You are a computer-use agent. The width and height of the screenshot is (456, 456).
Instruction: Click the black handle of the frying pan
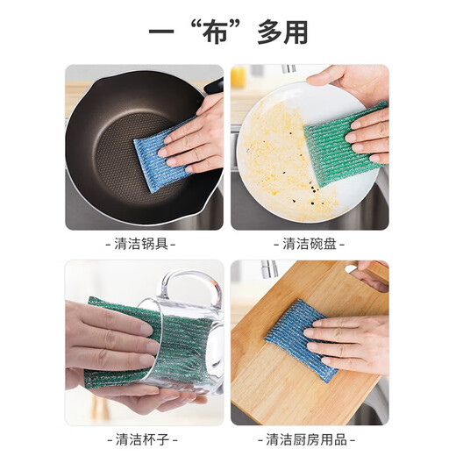click(x=214, y=85)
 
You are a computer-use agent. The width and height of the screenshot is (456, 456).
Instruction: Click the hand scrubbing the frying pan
click(x=197, y=136)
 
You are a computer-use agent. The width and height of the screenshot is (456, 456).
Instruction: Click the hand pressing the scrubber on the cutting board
click(x=355, y=342)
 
